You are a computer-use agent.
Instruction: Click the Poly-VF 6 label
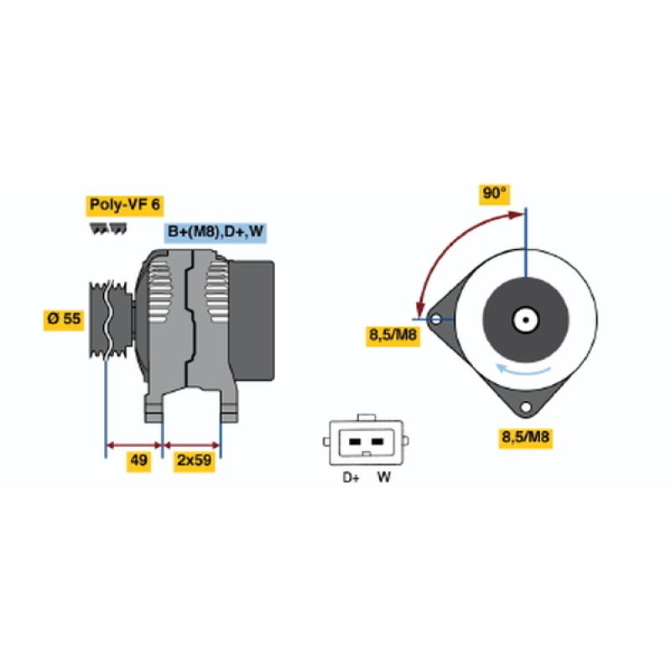tap(124, 205)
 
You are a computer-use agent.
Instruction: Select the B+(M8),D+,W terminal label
tap(216, 232)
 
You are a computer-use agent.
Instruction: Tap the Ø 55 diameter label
tap(64, 319)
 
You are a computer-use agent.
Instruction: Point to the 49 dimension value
tap(138, 460)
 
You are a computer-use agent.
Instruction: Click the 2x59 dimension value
tap(195, 460)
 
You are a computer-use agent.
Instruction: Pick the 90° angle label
tap(494, 194)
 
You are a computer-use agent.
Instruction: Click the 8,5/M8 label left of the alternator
tap(393, 335)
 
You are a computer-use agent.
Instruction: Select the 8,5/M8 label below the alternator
tap(525, 437)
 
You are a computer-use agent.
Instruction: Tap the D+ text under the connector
tap(351, 477)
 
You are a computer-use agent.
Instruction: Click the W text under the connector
tap(384, 476)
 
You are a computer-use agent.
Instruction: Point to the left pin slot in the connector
tap(355, 442)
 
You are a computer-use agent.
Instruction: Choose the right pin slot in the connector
tap(377, 442)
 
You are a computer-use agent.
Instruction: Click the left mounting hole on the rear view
tap(436, 319)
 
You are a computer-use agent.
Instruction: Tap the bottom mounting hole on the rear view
tap(526, 407)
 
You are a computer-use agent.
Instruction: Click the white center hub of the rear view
tap(526, 320)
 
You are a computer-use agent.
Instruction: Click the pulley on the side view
tap(110, 320)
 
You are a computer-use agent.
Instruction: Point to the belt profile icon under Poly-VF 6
tap(108, 228)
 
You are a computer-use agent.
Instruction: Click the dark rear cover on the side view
tap(252, 320)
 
